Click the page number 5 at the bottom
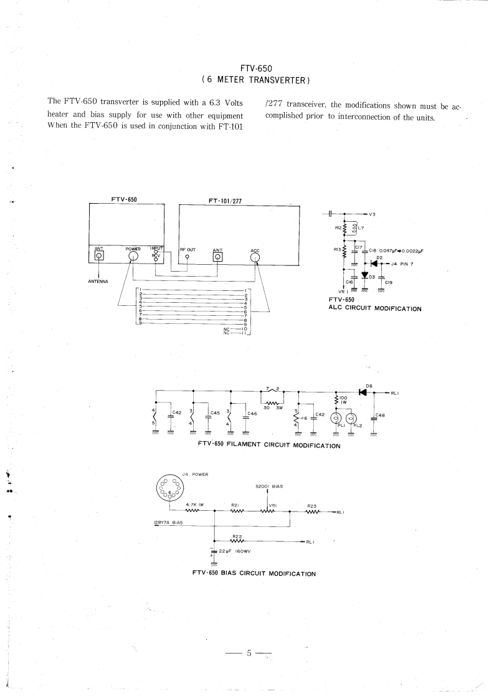(248, 654)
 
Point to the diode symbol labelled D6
(363, 392)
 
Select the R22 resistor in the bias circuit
(237, 541)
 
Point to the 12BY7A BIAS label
(168, 523)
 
